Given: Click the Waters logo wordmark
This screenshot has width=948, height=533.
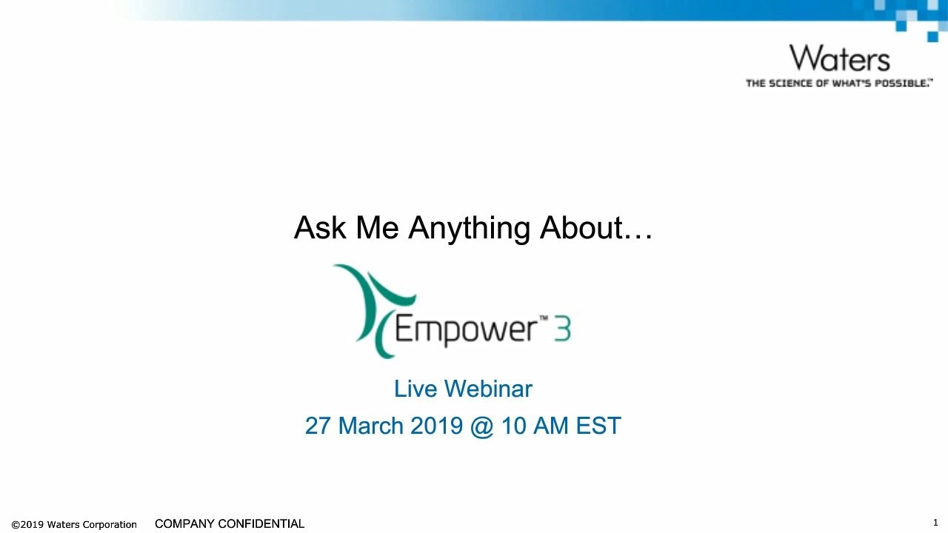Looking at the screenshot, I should (839, 58).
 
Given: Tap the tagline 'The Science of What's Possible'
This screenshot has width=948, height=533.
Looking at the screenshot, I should (838, 83).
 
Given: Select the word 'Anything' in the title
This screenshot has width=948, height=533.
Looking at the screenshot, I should (469, 228).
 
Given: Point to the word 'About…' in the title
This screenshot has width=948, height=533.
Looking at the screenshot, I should (595, 228).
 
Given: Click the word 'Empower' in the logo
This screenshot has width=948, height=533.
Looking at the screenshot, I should (465, 330).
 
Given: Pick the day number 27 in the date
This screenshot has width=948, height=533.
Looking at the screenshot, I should (318, 426).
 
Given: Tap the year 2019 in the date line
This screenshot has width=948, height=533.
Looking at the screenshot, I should (436, 426).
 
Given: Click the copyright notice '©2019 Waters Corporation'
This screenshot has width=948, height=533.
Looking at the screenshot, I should (74, 524).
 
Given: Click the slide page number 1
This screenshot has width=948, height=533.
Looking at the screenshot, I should (935, 523).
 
